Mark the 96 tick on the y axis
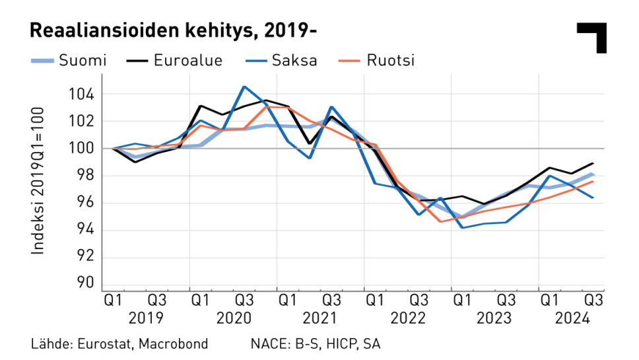pos(86,203)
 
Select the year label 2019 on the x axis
pos(147,318)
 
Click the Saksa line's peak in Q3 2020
pos(244,87)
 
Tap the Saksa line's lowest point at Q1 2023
pos(463,228)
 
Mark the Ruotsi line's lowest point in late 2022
pos(440,221)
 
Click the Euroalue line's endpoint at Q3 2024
pos(593,163)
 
